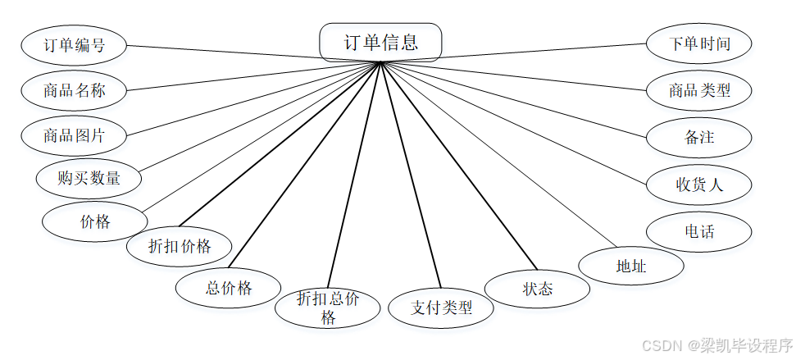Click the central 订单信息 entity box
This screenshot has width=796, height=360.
[x=380, y=42]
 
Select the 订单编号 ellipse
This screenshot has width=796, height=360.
[x=74, y=45]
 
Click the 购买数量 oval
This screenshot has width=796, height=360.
[x=89, y=178]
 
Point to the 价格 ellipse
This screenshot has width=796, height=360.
[x=95, y=221]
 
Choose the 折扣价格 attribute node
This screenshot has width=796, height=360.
[x=180, y=246]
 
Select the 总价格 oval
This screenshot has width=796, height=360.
[x=229, y=288]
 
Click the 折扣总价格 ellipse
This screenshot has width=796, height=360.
[x=328, y=308]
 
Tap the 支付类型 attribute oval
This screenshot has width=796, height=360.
[x=442, y=308]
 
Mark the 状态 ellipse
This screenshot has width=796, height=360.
[x=538, y=289]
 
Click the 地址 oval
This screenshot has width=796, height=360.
[x=631, y=266]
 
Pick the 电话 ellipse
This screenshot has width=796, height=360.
[x=699, y=232]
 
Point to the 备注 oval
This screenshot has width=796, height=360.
[x=699, y=137]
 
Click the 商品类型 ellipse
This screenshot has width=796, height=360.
[x=699, y=90]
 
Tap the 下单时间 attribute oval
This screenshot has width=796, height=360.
[x=699, y=44]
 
